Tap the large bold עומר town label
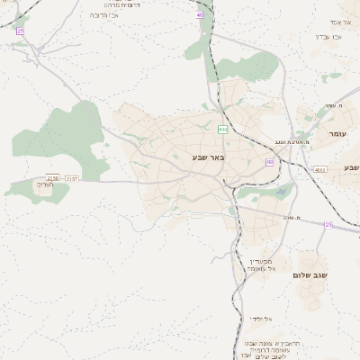(337, 133)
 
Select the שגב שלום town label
(310, 274)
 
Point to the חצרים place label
(44, 185)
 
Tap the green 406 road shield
(221, 130)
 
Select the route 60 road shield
(269, 162)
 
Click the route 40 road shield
(199, 15)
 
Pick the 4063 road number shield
(320, 169)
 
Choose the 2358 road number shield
(53, 178)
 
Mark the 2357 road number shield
(72, 178)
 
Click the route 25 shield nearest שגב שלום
(328, 224)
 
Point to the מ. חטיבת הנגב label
(292, 142)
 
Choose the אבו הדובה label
(105, 15)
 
